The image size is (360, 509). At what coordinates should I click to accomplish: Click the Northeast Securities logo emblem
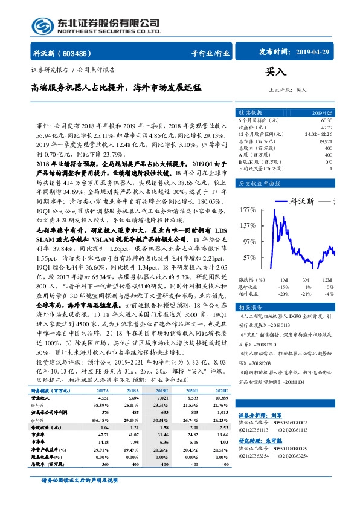coord(42,27)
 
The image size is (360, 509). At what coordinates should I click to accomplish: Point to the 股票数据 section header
coord(250,112)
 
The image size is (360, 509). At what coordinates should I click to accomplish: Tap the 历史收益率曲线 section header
coord(259,183)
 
